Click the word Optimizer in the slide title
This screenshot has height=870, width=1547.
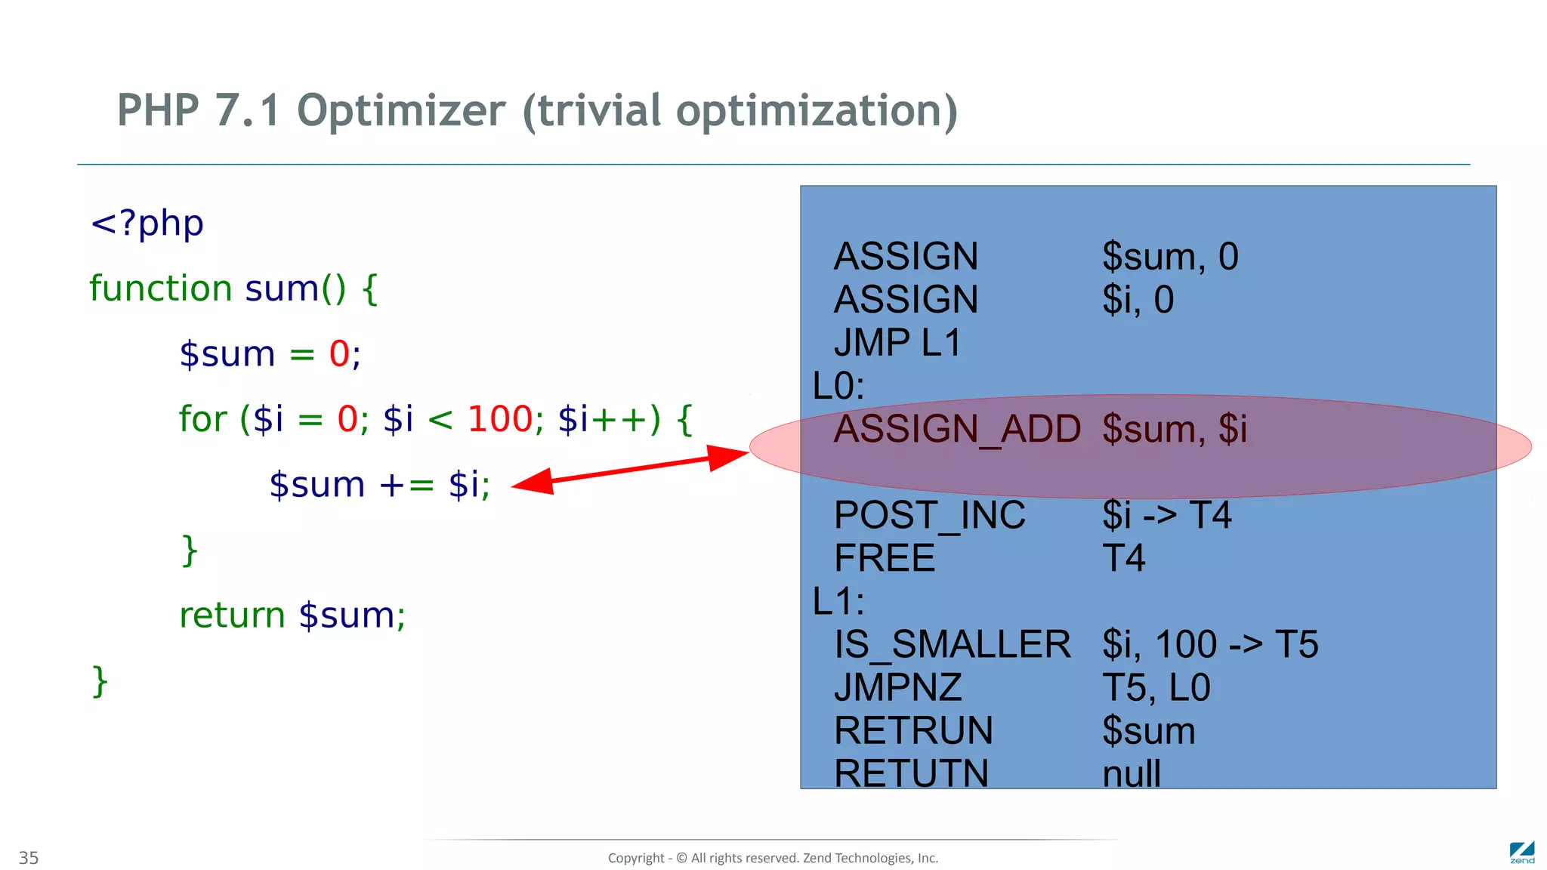400,111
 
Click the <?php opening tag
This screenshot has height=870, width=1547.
147,224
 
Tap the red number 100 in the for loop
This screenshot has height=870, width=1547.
500,419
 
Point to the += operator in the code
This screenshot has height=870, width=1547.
406,485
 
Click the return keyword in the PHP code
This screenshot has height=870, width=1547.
232,615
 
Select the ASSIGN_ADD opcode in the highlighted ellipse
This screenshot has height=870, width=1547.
957,429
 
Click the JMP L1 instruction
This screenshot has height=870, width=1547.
897,343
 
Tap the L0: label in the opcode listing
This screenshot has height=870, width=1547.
838,386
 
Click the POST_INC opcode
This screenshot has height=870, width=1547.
929,515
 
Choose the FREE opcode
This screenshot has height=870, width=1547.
885,558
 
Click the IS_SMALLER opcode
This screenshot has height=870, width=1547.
952,644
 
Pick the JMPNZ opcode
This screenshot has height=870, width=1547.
897,687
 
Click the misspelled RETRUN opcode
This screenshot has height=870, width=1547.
913,730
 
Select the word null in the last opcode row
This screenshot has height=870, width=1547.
1131,773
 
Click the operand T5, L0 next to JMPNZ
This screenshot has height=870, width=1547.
1156,687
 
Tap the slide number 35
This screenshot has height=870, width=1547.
29,858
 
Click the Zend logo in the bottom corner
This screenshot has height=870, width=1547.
1521,853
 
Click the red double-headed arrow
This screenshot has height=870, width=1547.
631,469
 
